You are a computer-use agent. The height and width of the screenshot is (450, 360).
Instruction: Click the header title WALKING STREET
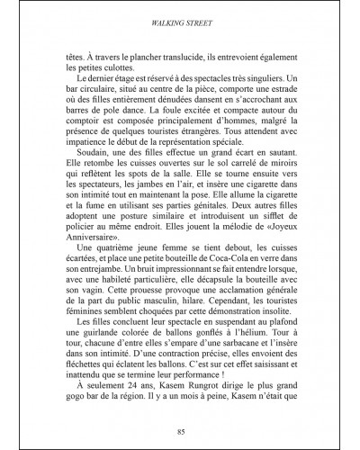(179, 15)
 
